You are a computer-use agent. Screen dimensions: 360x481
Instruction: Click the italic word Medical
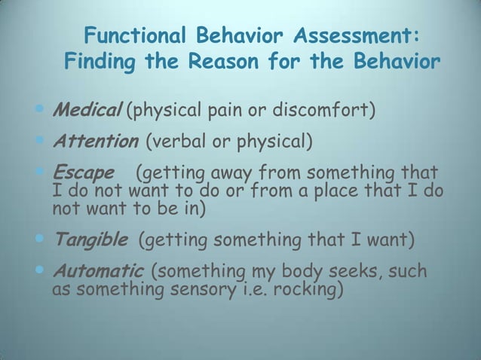point(86,114)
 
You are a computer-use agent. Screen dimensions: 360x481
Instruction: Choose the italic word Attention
point(95,142)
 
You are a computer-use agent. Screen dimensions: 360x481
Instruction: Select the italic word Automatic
point(98,270)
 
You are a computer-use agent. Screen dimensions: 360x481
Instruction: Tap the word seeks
point(351,270)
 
